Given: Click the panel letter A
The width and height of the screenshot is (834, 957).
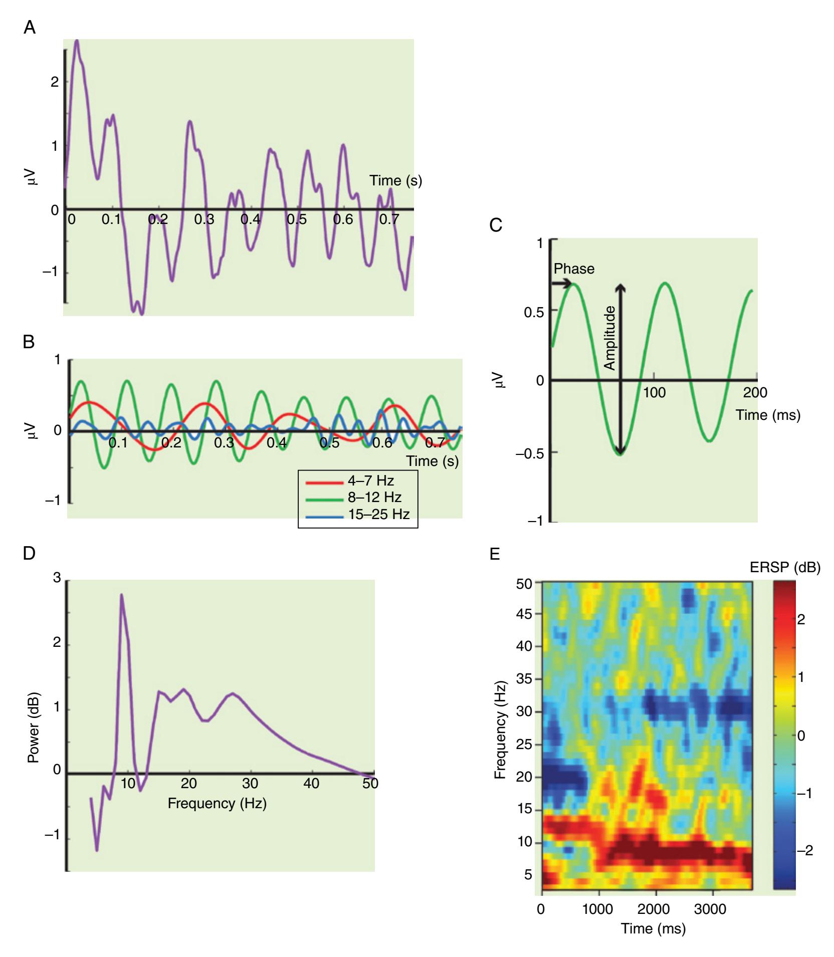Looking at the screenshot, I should click(30, 28).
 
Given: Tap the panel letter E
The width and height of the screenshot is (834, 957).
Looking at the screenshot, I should click(495, 554).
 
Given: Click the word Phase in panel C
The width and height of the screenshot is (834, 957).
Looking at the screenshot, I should click(574, 269).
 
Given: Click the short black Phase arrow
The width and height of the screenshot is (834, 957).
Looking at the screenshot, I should click(561, 284).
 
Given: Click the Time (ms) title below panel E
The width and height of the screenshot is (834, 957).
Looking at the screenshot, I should click(653, 914).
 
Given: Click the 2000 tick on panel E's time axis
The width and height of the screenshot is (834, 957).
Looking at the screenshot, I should click(654, 895).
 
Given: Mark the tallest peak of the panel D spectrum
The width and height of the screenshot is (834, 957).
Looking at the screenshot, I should click(121, 595).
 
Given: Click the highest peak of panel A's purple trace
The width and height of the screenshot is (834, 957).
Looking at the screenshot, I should click(76, 41).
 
